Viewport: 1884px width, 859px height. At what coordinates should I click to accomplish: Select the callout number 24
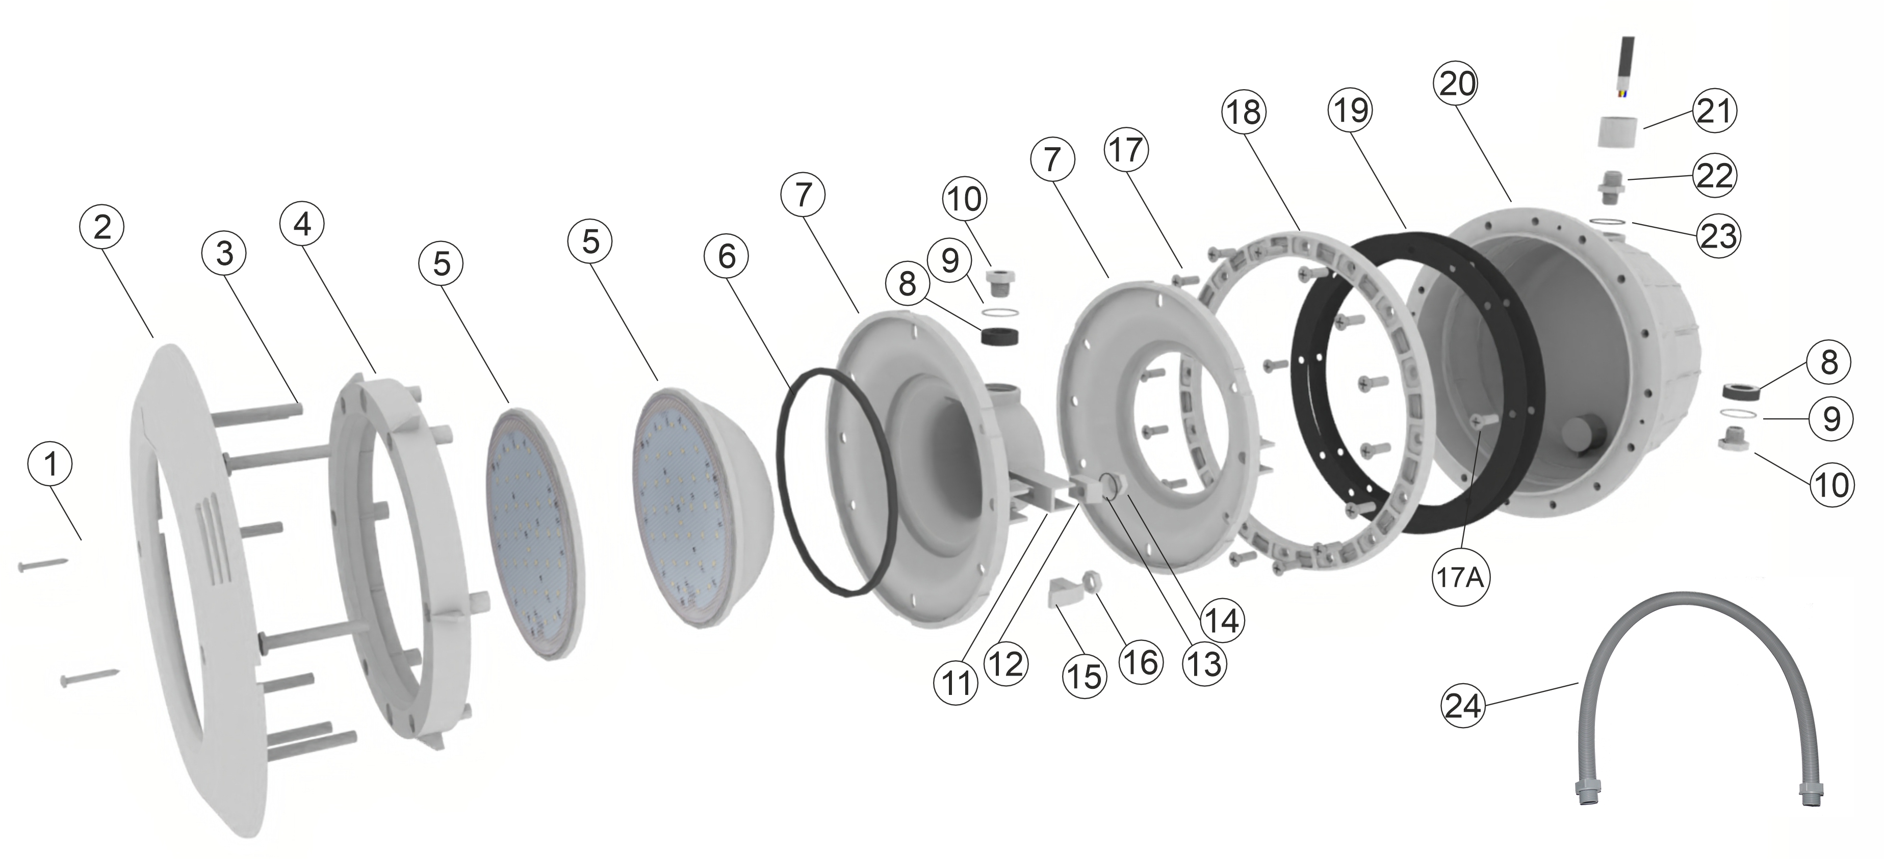(x=1463, y=706)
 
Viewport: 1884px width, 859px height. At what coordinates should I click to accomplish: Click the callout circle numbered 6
(x=726, y=256)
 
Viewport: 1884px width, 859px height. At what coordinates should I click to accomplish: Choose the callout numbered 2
(x=101, y=227)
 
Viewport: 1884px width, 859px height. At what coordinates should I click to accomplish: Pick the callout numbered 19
(x=1349, y=111)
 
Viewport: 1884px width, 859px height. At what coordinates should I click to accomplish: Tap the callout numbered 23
(x=1718, y=235)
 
